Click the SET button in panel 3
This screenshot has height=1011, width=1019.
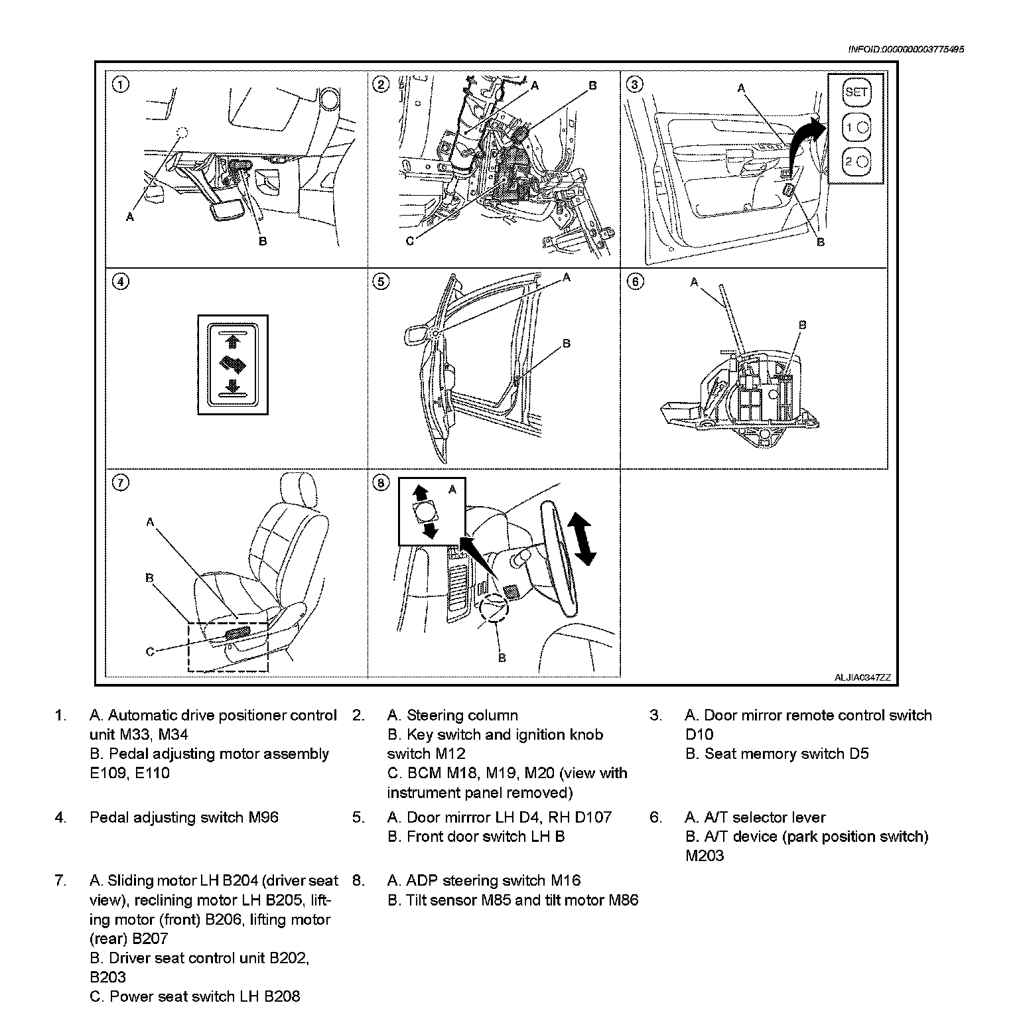point(856,92)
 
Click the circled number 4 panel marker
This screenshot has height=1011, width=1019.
point(120,282)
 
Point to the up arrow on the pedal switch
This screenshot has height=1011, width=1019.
point(232,342)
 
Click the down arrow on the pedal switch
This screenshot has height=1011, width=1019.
point(232,386)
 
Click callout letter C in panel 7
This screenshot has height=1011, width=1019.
point(150,651)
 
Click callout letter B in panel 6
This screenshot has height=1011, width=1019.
point(802,325)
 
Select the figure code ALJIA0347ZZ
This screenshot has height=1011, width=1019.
point(862,677)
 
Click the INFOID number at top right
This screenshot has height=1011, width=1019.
point(906,49)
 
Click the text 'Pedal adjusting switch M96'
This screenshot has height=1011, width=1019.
point(184,817)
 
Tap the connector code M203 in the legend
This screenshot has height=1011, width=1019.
point(705,856)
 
